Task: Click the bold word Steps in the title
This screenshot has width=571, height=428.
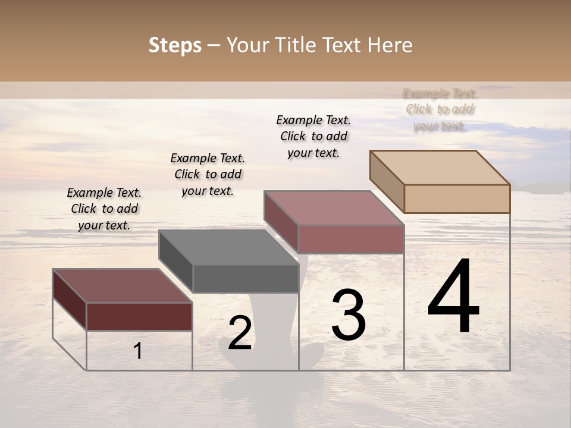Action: click(175, 45)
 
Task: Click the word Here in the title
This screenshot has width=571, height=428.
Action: click(390, 45)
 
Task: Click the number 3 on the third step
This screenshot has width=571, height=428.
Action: click(348, 315)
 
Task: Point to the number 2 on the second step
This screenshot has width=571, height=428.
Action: click(240, 333)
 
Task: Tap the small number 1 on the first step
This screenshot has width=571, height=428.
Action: click(138, 351)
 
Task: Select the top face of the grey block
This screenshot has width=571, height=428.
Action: click(229, 247)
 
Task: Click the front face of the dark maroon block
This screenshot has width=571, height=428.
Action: click(139, 316)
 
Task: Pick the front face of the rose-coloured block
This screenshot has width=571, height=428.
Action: click(351, 239)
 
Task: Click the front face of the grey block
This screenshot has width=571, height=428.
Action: click(246, 278)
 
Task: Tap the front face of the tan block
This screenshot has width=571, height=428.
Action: click(457, 199)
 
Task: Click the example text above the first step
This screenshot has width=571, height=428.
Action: click(104, 209)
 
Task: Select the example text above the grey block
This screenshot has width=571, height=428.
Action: click(208, 174)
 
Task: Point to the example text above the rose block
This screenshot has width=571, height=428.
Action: click(313, 136)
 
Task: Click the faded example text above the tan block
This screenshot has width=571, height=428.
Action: click(440, 109)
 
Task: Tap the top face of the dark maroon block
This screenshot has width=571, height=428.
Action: click(122, 286)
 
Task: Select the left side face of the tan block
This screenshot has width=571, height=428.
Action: click(387, 181)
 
